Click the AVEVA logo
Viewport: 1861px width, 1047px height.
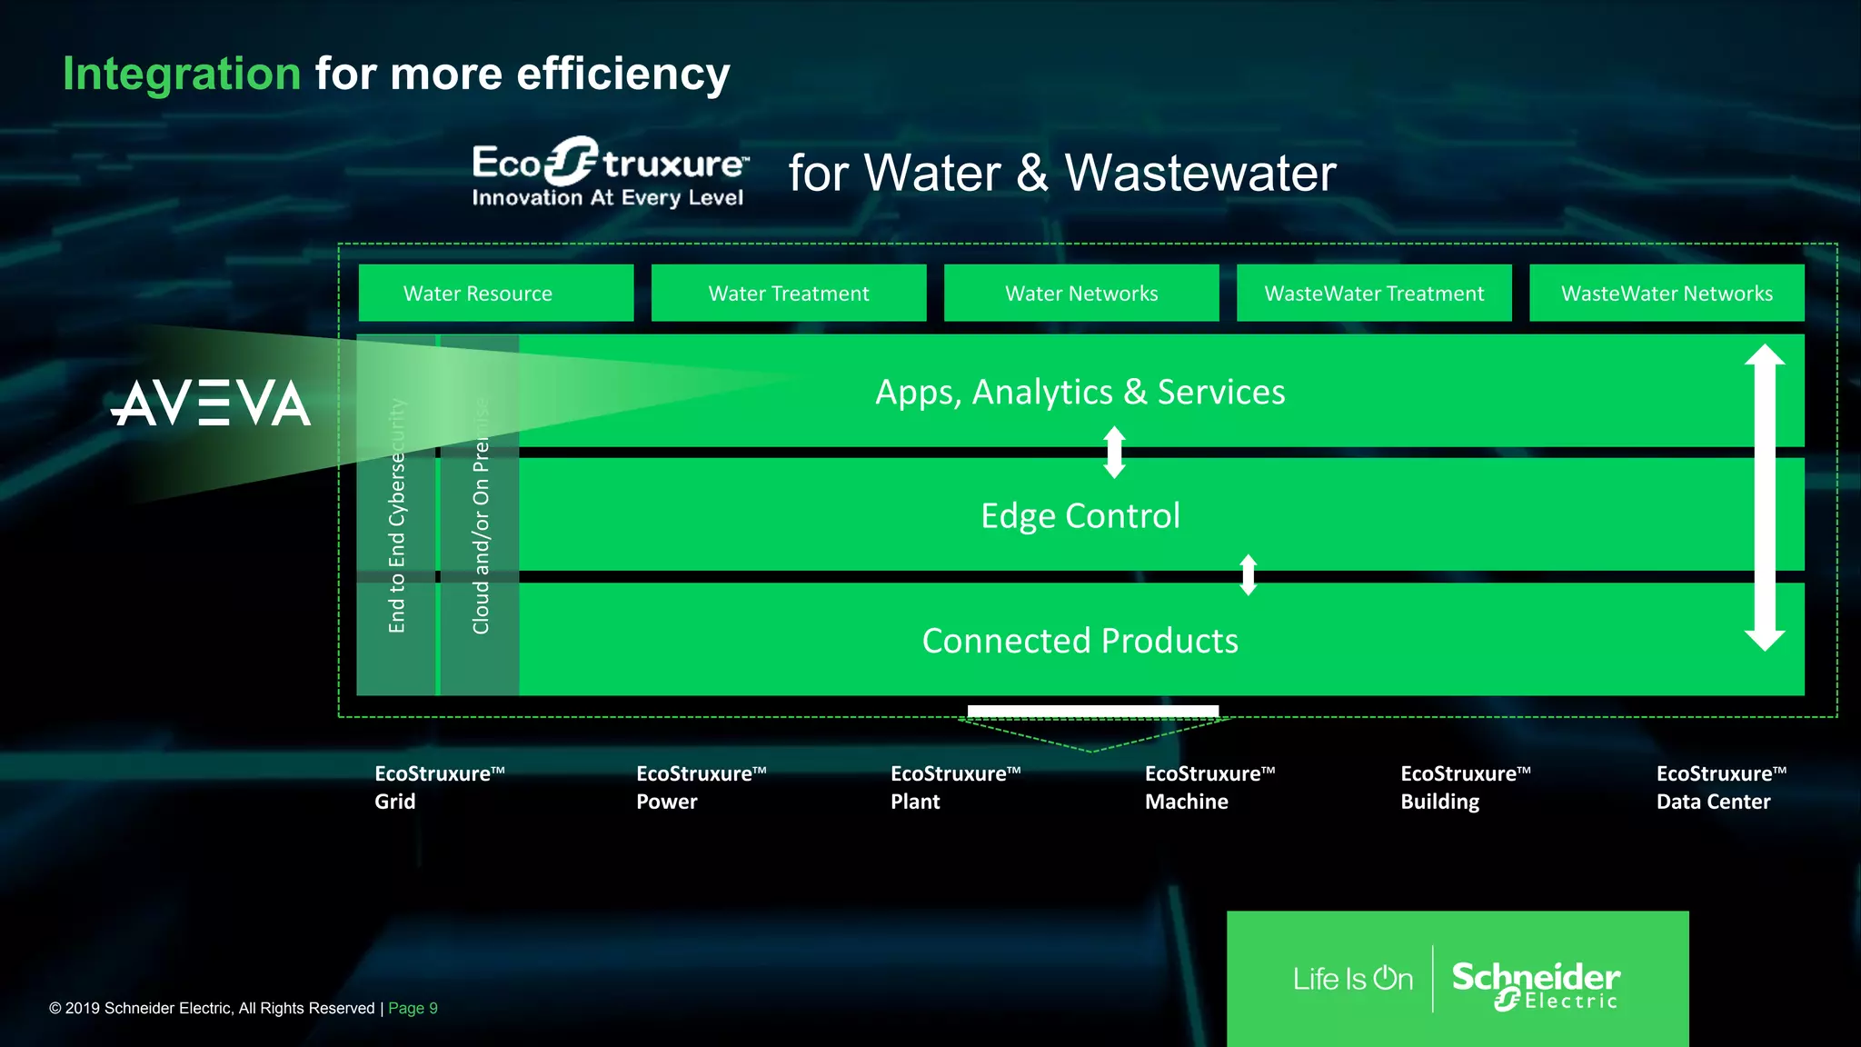coord(211,403)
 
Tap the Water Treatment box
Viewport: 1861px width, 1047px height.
coord(788,293)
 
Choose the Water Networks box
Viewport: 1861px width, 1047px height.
coord(1080,293)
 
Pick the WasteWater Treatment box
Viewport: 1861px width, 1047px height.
coord(1373,293)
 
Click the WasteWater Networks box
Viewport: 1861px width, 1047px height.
coord(1666,293)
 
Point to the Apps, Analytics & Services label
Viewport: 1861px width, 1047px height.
coord(1080,392)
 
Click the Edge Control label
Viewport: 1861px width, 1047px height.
coord(1080,515)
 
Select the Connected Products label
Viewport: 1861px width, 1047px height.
coord(1080,641)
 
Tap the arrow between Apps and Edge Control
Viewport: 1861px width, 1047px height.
coord(1114,453)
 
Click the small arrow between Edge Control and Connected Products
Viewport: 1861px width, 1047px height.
coord(1249,574)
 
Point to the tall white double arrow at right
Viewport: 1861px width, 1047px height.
coord(1764,497)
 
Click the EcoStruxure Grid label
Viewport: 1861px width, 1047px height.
coord(439,787)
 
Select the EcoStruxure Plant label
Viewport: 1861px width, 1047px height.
coord(955,787)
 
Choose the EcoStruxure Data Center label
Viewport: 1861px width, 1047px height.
coord(1720,787)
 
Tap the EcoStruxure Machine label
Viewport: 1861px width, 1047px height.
coord(1209,787)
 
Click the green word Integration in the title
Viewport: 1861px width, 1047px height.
coord(182,74)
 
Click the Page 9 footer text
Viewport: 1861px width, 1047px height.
coord(413,1008)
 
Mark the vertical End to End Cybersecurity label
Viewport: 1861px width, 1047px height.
coord(396,516)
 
